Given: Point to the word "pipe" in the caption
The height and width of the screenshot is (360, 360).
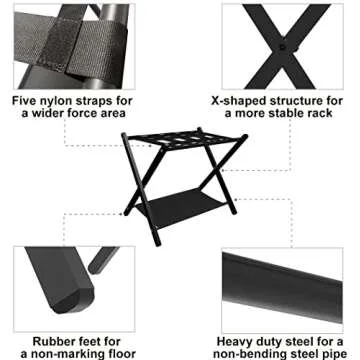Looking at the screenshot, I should point(335,352).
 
